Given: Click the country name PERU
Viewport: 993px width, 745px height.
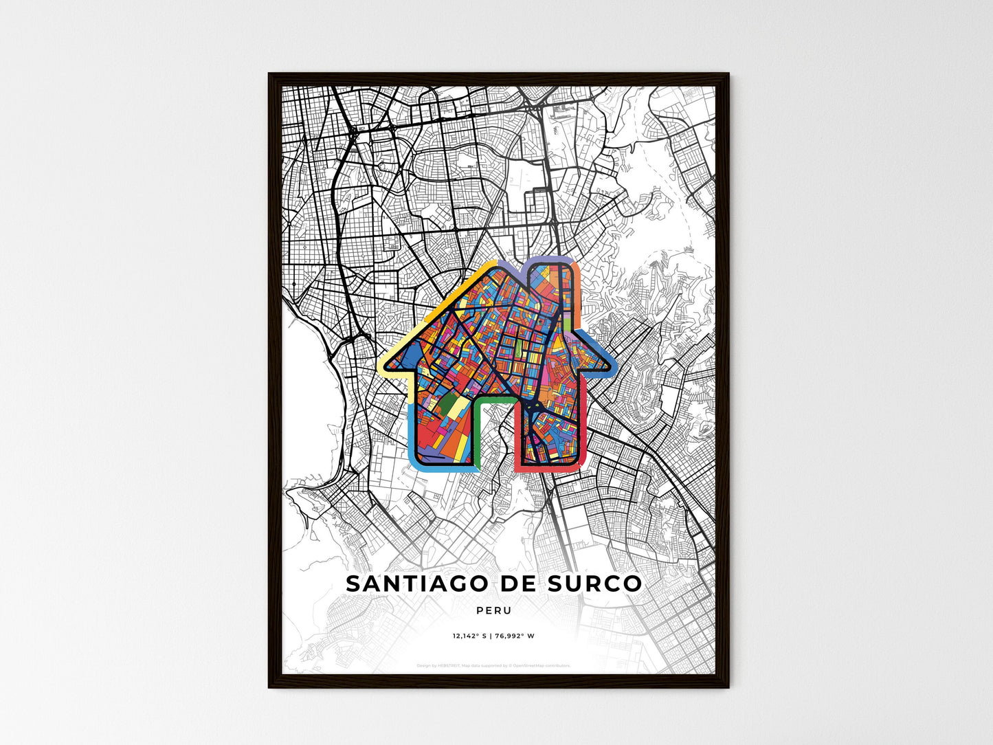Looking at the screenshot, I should (493, 610).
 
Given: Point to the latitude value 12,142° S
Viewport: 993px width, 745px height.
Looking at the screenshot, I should (469, 636).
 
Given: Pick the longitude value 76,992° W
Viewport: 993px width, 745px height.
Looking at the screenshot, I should (514, 636).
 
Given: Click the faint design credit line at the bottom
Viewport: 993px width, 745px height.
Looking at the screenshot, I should (493, 665).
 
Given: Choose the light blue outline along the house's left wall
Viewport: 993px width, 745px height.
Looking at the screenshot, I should (410, 433).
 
